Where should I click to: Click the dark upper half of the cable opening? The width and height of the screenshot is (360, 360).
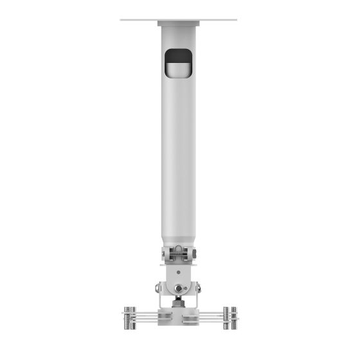point(178,57)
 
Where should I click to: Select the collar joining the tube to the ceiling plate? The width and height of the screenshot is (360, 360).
point(178,24)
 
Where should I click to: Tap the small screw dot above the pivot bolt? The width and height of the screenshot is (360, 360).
point(178,272)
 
